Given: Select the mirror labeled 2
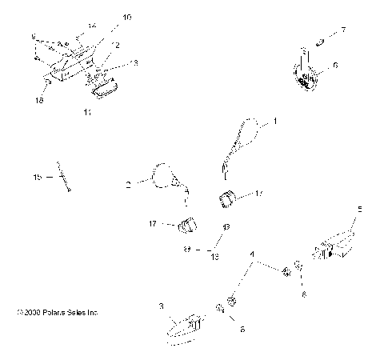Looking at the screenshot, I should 166,175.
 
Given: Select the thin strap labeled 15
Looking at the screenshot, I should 61,178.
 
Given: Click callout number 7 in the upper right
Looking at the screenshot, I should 343,30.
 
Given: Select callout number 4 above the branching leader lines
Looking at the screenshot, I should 254,255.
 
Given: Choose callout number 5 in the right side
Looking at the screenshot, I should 359,209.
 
